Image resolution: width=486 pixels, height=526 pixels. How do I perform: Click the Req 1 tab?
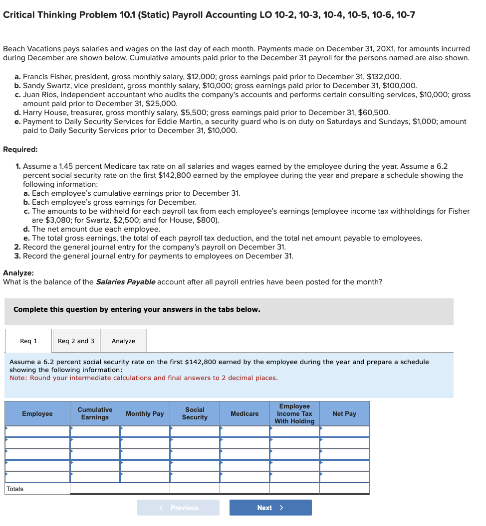click(28, 341)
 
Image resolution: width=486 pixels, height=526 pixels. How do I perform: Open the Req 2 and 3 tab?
click(76, 341)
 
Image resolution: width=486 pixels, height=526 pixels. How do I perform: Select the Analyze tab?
click(123, 341)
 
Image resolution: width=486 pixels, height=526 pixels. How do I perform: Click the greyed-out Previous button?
click(178, 508)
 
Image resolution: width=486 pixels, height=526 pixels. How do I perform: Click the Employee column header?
click(37, 414)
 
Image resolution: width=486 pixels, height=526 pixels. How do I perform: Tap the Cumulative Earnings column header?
click(95, 413)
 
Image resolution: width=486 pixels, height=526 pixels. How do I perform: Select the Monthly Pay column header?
click(145, 414)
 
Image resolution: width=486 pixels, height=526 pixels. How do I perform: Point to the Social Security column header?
click(195, 413)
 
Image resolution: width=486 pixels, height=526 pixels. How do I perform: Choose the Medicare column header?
click(244, 414)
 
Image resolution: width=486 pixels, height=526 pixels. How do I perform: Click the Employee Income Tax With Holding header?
click(294, 414)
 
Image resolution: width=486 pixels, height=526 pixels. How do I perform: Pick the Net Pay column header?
click(344, 414)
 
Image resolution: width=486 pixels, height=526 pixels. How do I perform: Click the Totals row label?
click(15, 489)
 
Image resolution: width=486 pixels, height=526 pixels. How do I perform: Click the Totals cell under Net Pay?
click(344, 489)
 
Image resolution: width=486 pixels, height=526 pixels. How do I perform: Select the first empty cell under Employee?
click(37, 431)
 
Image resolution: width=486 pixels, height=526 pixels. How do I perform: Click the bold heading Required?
click(20, 149)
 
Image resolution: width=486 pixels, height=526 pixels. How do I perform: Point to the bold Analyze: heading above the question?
click(18, 273)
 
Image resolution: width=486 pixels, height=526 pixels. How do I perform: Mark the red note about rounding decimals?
click(144, 378)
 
